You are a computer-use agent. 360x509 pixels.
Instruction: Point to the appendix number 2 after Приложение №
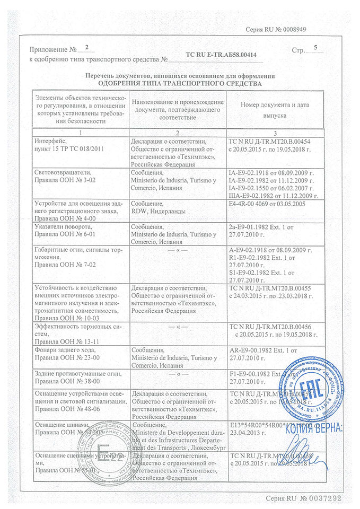click(x=87, y=48)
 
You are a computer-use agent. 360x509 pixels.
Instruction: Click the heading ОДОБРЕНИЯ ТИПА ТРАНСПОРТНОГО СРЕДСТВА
click(x=180, y=84)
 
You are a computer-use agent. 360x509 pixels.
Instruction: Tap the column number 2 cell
click(x=178, y=132)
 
